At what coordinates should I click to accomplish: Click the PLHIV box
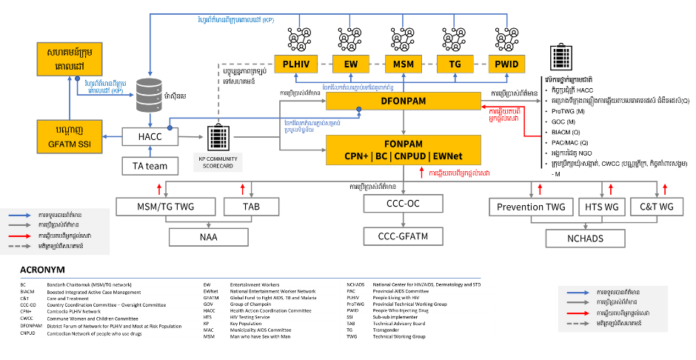point(295,64)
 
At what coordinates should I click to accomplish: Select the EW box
point(351,64)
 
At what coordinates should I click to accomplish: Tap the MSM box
point(404,64)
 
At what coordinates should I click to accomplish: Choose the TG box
point(455,64)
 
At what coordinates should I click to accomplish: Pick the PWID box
point(507,64)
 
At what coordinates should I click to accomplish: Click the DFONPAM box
point(404,101)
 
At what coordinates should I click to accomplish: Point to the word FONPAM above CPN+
point(404,144)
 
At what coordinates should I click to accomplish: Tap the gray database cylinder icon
point(149,95)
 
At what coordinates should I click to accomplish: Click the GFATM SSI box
point(70,136)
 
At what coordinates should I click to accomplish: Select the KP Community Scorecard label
point(218,162)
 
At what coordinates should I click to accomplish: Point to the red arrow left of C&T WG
point(611,188)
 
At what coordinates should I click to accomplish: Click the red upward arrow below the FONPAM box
point(422,172)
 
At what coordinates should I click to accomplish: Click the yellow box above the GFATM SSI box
point(70,59)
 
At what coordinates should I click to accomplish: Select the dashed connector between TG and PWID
point(481,64)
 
